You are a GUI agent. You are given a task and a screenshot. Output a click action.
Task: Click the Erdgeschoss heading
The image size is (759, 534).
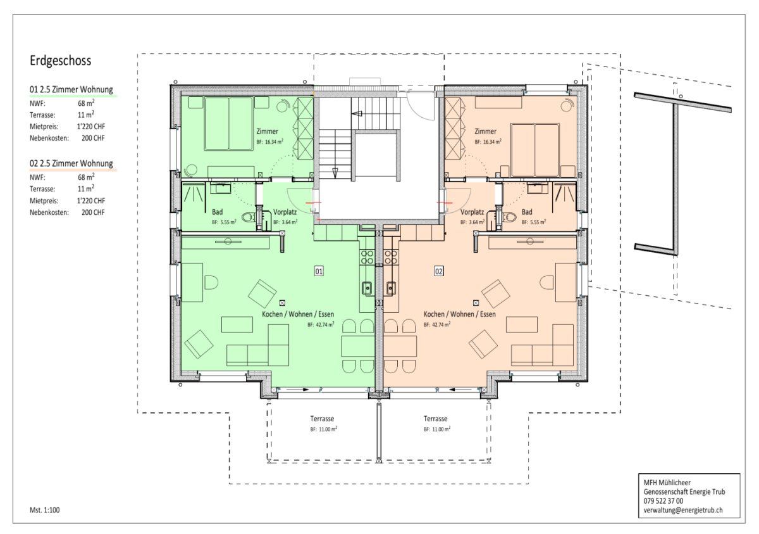(x=60, y=61)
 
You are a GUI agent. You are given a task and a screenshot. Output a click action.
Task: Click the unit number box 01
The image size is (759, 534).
(x=319, y=271)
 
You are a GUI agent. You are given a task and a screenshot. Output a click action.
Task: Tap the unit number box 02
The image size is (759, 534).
(x=439, y=271)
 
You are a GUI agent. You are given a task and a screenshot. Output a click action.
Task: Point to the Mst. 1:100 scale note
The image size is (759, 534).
(x=45, y=510)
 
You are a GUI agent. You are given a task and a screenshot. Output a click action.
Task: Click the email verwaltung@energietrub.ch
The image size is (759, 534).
(x=683, y=510)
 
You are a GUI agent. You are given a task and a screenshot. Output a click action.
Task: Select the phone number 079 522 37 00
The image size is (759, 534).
(x=663, y=501)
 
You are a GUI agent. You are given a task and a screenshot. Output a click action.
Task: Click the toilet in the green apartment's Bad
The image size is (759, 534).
(x=249, y=217)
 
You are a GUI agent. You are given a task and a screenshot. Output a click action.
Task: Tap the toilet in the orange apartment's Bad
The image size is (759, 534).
(x=509, y=217)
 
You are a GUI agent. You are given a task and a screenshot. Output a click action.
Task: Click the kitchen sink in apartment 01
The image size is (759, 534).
(x=367, y=288)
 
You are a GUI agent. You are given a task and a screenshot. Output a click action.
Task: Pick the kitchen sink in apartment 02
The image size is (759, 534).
(x=391, y=288)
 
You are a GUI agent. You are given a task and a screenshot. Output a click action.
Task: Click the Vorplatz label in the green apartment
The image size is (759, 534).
(x=285, y=212)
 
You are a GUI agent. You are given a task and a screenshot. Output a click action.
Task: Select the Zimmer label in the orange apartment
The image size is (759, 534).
(x=485, y=131)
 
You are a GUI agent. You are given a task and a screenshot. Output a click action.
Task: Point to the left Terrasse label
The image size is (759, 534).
(x=322, y=419)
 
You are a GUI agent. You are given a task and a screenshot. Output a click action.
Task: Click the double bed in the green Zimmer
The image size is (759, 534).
(x=229, y=124)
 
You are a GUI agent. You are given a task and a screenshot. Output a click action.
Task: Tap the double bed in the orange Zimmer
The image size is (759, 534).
(x=534, y=150)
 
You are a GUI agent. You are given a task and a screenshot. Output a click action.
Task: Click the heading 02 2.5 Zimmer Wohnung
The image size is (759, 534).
(x=71, y=163)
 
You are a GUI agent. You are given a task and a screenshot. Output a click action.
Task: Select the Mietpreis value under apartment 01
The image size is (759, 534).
(x=91, y=127)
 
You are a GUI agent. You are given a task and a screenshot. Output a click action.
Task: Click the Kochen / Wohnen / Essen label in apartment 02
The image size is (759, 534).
(x=459, y=314)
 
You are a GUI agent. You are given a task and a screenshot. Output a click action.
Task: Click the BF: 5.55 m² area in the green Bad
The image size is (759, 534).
(x=224, y=222)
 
